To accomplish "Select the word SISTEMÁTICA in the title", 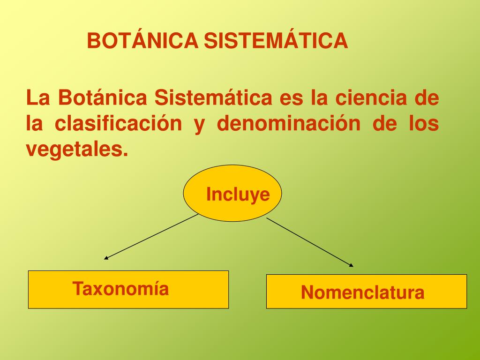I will click(275, 41).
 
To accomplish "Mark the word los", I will click(424, 124).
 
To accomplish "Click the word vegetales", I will click(76, 149).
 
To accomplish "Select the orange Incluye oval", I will click(232, 193).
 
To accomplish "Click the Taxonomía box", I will click(128, 289).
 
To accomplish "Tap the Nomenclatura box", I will click(366, 292).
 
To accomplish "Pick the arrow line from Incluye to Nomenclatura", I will click(309, 242).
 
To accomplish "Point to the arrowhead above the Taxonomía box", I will click(106, 257).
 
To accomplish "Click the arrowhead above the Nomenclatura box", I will click(351, 265).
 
